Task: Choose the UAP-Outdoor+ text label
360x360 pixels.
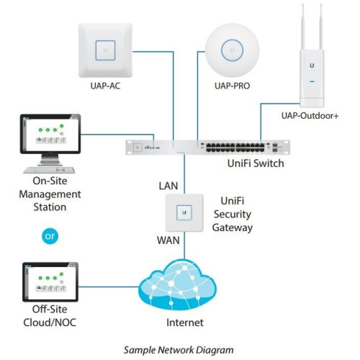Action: point(310,114)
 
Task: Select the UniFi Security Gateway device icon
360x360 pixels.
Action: point(184,214)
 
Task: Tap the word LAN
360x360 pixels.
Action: point(168,186)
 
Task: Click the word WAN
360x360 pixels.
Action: point(167,237)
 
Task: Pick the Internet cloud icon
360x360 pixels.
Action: point(185,284)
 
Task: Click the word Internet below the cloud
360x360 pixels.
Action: point(185,322)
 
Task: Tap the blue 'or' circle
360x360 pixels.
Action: point(49,235)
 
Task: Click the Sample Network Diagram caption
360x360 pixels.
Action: point(180,349)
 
